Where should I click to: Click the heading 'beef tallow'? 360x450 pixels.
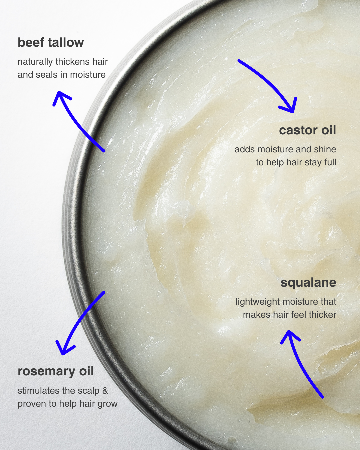(51, 42)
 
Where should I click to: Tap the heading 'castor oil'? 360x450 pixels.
(307, 130)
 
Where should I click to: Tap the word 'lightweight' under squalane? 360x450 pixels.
(258, 302)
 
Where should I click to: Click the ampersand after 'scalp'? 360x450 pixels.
(105, 391)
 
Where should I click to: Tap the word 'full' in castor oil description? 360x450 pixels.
(330, 162)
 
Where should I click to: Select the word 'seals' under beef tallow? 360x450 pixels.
(47, 75)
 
